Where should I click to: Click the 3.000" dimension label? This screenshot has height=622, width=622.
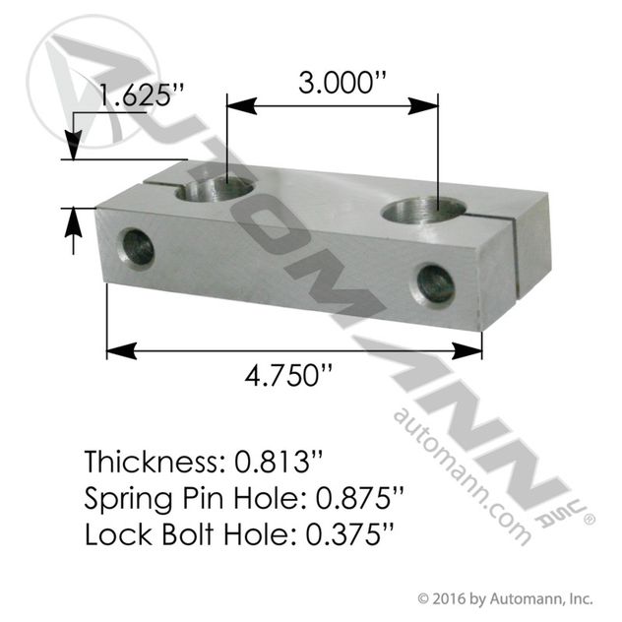(x=342, y=82)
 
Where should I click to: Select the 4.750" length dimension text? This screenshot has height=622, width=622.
(x=287, y=375)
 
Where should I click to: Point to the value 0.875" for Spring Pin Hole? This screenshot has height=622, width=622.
(x=359, y=498)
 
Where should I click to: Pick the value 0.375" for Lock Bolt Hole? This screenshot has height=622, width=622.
(x=349, y=534)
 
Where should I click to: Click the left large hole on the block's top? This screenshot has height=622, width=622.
(x=215, y=190)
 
